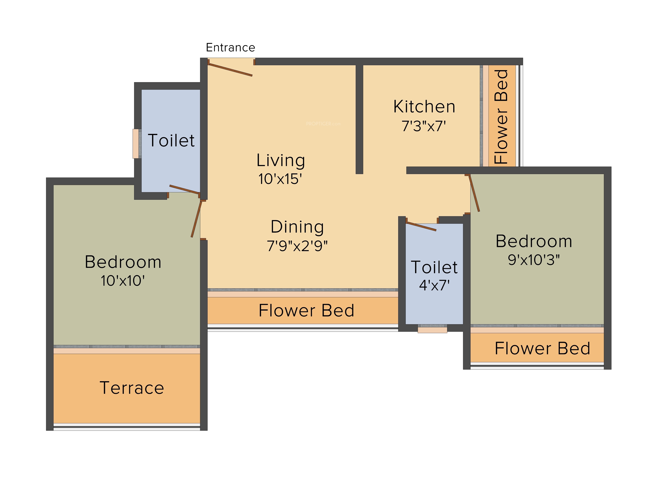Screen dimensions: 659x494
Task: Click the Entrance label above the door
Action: (230, 48)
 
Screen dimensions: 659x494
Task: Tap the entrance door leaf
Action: (230, 70)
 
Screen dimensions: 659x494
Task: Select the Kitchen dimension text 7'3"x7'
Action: (424, 126)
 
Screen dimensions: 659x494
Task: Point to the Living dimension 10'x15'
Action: (280, 179)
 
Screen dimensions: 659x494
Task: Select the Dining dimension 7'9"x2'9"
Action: (297, 246)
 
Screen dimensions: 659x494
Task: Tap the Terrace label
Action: (132, 388)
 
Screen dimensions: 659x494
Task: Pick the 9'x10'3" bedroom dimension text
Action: (534, 260)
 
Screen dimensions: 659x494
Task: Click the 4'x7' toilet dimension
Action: (434, 285)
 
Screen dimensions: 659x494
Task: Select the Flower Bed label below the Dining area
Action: (306, 311)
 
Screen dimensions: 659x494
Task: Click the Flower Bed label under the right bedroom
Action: (542, 348)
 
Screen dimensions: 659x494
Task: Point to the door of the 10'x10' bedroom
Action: (197, 219)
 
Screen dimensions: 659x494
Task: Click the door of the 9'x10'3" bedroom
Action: (474, 193)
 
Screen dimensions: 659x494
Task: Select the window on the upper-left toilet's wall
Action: (137, 144)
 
